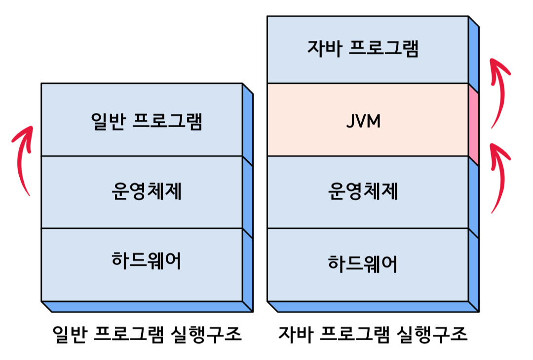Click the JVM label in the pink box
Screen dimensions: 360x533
click(363, 121)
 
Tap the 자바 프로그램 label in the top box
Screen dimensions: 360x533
click(363, 49)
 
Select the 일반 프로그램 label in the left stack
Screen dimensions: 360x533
click(147, 121)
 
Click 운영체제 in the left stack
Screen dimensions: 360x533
click(147, 192)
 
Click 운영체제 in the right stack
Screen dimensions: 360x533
click(363, 192)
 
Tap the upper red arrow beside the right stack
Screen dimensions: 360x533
click(499, 91)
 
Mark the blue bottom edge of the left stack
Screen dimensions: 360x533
click(148, 307)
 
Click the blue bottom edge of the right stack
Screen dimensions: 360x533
click(374, 307)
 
